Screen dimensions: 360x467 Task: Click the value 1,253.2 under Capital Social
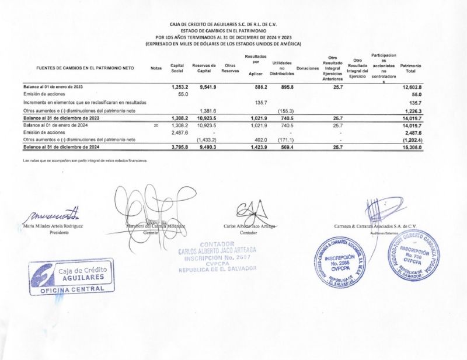(178, 86)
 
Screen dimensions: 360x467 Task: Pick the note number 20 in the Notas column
(155, 125)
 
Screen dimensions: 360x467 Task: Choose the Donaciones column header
(307, 68)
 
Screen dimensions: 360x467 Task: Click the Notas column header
(155, 68)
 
